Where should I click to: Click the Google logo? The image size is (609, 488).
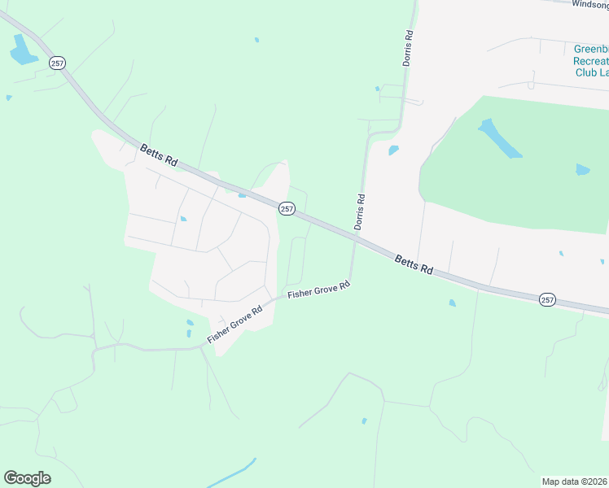click(28, 478)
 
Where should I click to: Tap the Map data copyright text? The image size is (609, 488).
click(575, 481)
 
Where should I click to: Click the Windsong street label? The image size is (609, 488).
click(589, 4)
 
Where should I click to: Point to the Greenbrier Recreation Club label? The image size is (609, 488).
click(590, 60)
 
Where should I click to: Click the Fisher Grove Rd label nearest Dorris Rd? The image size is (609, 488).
click(319, 289)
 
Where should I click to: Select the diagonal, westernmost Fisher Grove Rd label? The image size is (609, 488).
click(235, 324)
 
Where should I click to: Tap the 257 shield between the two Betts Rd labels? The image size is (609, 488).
click(287, 209)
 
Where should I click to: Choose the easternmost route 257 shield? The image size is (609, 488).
click(547, 300)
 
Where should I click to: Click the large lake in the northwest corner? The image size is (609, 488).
click(22, 51)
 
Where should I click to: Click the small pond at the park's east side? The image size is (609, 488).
click(582, 170)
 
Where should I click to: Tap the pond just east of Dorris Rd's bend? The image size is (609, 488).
click(394, 150)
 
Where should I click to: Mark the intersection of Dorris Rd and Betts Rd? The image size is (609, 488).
click(356, 237)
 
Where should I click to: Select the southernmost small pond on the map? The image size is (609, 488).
click(364, 420)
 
